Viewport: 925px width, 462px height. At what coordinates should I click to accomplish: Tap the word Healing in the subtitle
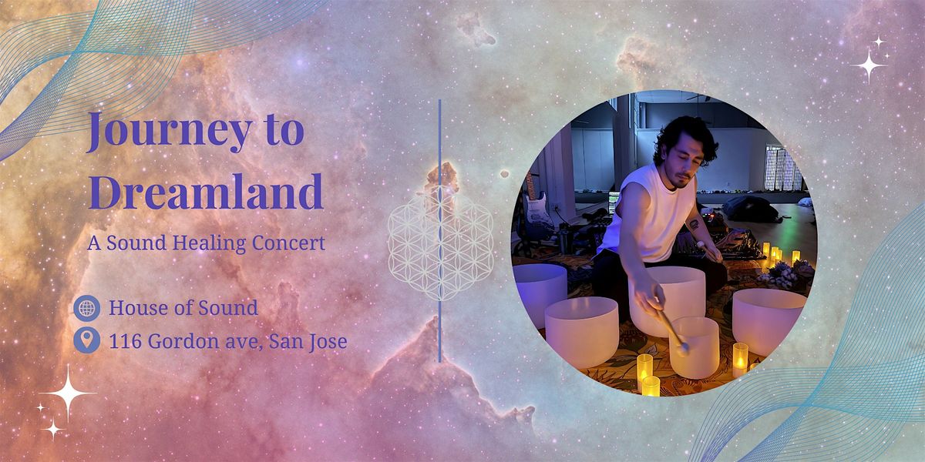click(x=206, y=243)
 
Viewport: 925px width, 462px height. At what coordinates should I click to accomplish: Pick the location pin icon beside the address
click(x=86, y=340)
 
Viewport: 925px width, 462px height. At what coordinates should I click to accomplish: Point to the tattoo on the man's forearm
click(x=694, y=224)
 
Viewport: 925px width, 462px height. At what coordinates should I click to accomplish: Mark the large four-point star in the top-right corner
click(x=869, y=67)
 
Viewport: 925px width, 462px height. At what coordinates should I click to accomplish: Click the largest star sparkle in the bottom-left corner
click(x=69, y=393)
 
